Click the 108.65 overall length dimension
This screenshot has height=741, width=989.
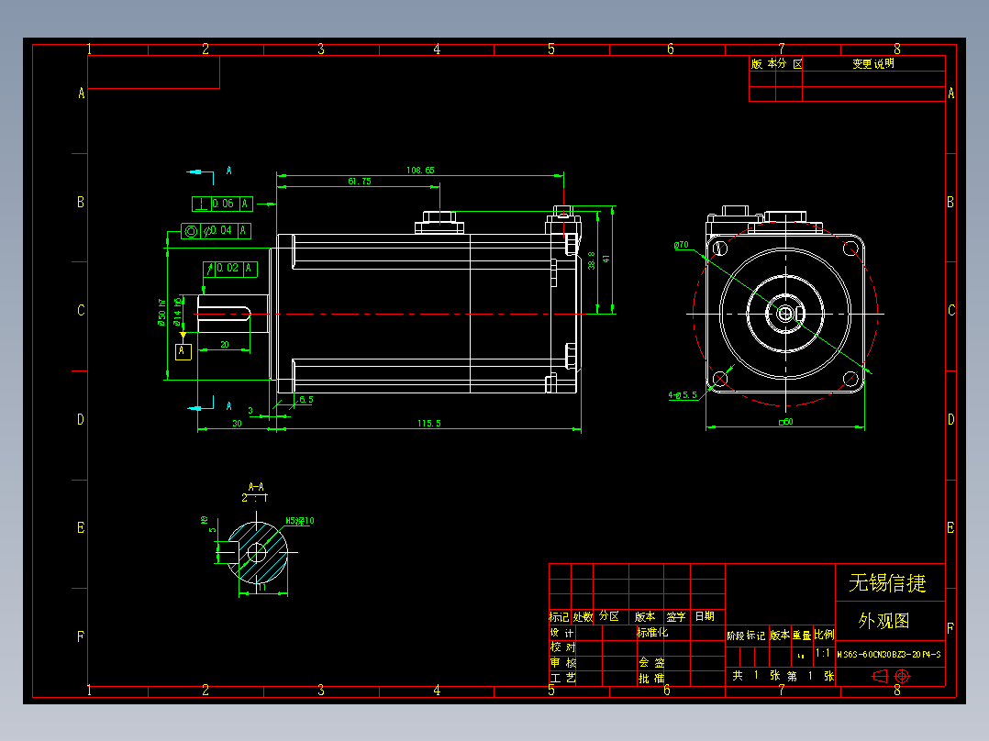(420, 170)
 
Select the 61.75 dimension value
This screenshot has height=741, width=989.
(359, 182)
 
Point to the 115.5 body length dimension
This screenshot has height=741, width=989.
(429, 423)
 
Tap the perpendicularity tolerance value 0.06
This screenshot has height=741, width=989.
(223, 204)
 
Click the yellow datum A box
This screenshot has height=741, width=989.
(183, 350)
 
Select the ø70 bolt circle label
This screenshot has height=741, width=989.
(681, 246)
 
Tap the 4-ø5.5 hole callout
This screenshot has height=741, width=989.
(683, 395)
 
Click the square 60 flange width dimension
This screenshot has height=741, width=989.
(785, 423)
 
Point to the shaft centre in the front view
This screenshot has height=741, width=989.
(785, 313)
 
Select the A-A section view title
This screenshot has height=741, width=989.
(256, 486)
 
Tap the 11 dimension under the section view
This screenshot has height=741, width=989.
(261, 589)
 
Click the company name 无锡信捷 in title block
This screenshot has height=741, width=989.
(887, 582)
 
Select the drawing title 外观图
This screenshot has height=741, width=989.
(883, 621)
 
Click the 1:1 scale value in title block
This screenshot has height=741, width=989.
(823, 653)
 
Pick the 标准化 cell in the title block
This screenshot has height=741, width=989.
(652, 632)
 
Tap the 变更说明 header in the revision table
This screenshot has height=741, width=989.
(872, 64)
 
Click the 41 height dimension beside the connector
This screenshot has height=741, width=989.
(606, 260)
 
